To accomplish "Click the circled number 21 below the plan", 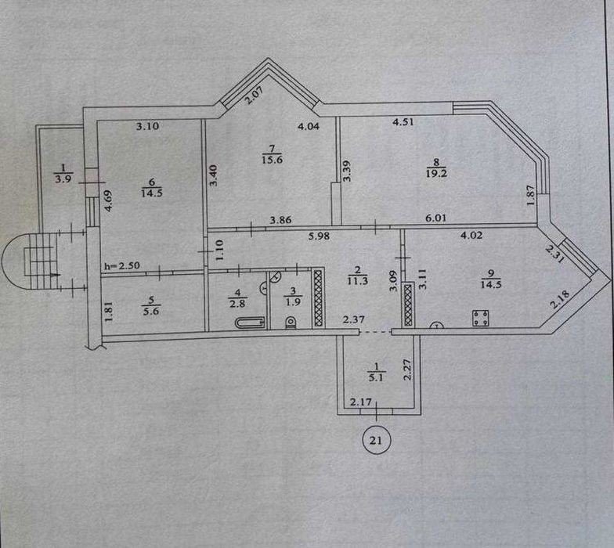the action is tap(376, 440).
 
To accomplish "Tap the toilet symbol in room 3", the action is tap(291, 323).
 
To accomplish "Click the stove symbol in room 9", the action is tap(480, 318).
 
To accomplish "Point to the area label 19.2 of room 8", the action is tap(436, 173).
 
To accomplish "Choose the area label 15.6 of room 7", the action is tap(273, 160).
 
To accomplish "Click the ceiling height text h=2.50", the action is tap(122, 266).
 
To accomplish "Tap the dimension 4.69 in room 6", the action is tap(109, 200).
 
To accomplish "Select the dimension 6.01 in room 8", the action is tap(435, 218).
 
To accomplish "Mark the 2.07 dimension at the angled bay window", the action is tap(254, 95).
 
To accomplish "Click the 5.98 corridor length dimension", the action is tap(319, 236).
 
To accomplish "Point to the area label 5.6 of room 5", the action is tap(151, 312).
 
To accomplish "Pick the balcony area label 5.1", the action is tap(376, 377).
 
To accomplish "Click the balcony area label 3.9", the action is tap(63, 180).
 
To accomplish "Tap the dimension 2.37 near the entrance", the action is tap(354, 319).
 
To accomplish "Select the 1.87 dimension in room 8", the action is tap(531, 194).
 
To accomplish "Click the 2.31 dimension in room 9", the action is tap(555, 254).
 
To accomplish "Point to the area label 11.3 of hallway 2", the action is tap(357, 280).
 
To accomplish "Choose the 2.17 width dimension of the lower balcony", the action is tap(360, 402).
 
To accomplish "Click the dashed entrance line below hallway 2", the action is tap(376, 332).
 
